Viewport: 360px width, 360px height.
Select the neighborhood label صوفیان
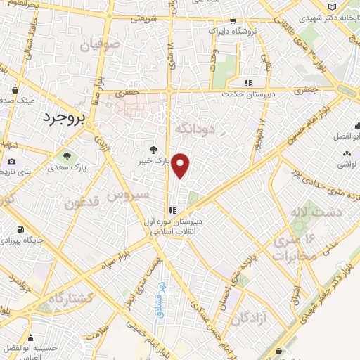click(x=101, y=47)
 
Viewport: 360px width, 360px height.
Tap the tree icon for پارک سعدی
click(x=67, y=156)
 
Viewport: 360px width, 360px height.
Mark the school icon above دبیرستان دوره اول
click(x=172, y=208)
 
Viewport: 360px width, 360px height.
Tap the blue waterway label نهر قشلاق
click(x=161, y=290)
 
